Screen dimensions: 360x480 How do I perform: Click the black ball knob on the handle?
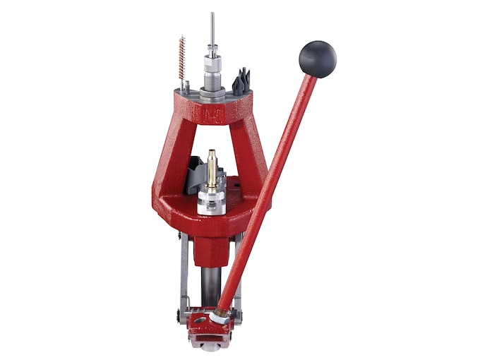317,59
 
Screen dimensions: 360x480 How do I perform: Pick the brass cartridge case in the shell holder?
210,165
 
